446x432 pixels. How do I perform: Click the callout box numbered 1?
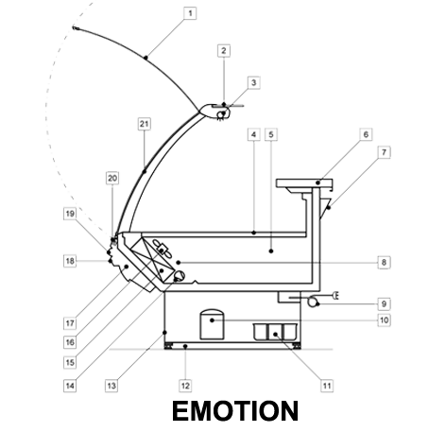coord(190,13)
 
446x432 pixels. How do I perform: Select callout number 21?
coord(145,124)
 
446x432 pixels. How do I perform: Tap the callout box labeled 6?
coord(366,134)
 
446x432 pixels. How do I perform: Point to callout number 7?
coord(384,152)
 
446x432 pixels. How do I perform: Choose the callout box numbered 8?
coord(384,262)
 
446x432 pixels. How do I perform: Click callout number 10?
coord(384,320)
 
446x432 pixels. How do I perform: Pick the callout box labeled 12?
coord(185,386)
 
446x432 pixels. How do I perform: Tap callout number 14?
coord(70,386)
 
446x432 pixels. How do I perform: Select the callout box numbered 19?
coord(70,214)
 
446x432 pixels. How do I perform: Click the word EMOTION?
coord(235,411)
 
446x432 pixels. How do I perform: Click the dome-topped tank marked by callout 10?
coord(212,324)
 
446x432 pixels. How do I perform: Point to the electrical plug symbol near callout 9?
coord(335,296)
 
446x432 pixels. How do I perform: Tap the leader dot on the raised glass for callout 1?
coord(146,58)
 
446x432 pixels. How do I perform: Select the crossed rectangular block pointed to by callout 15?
coord(153,259)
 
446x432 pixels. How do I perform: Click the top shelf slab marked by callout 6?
coord(304,183)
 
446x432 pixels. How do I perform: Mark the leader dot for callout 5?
coord(271,251)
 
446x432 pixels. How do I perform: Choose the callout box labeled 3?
coord(254,83)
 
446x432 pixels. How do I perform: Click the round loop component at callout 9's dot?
coord(313,302)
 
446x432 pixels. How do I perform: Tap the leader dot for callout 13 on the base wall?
coord(164,333)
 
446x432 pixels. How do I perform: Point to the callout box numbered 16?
coord(70,342)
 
